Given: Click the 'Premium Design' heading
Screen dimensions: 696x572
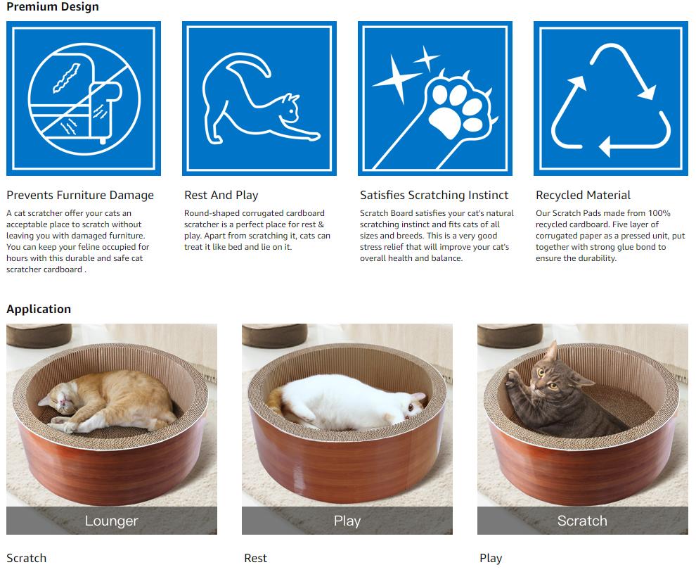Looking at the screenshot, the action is pos(53,6).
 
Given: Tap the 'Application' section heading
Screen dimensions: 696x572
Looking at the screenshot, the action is pos(39,309).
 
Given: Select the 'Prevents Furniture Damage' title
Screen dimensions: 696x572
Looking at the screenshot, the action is pos(80,195).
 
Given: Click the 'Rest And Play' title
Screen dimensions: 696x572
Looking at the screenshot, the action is pos(221,195).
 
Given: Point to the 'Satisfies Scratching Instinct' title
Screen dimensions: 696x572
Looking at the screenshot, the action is pos(434,195).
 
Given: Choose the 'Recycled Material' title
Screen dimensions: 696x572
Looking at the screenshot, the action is pos(583,195).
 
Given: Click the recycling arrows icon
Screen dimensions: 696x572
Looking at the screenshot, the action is pos(611,101).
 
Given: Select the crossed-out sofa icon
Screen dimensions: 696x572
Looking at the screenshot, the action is pos(84,98).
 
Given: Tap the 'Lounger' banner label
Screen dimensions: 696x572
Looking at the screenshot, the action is pos(111,521).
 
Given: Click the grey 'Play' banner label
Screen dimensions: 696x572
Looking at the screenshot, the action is pos(347,521).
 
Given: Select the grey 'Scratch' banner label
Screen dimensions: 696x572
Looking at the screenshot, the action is pos(582,521).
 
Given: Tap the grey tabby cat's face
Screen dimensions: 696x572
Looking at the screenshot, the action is pos(547,378).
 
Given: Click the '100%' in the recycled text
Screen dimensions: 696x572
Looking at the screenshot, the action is pos(659,213).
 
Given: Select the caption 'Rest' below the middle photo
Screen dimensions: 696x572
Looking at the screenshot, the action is pos(256,558).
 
